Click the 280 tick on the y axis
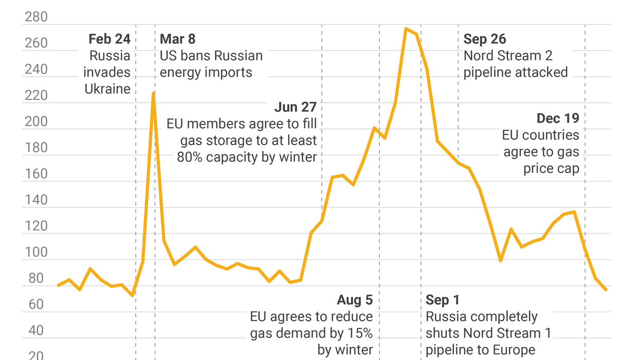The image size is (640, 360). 36,17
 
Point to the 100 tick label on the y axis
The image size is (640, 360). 36,252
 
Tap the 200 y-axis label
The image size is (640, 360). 36,121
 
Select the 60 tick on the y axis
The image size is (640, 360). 36,304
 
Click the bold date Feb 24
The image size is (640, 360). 109,39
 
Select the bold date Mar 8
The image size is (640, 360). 177,39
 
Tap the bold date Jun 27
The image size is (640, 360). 295,107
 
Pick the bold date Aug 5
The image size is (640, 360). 355,300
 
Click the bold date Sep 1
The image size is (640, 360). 443,300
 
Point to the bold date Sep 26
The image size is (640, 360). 484,39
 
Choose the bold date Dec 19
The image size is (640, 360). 558,118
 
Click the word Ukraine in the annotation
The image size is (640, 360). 107,89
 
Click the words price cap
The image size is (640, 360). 551,168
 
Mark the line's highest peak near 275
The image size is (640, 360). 406,29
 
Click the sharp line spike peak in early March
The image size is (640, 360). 153,93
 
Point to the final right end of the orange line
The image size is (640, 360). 606,290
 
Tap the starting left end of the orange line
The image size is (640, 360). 58,285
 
